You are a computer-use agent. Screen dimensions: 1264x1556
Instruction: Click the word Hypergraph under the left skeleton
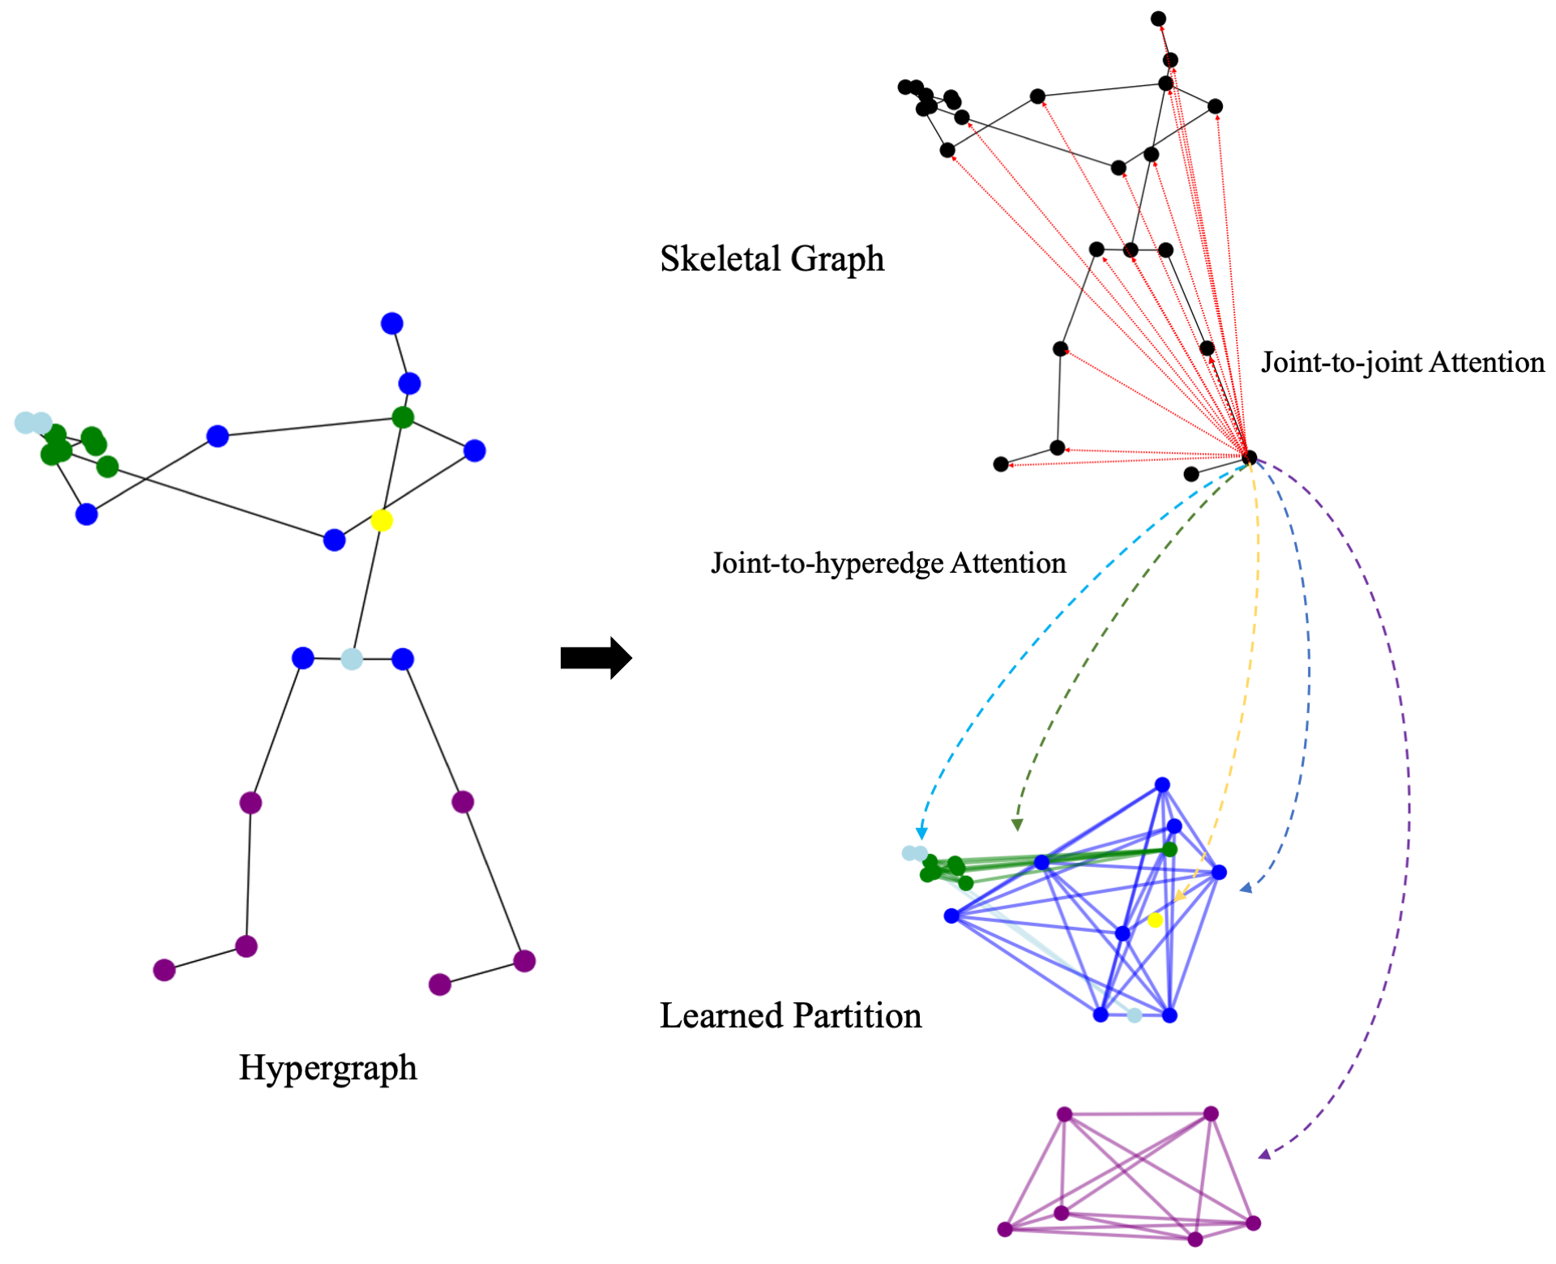(x=327, y=1068)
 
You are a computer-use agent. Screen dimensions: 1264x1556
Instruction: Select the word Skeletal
(x=720, y=259)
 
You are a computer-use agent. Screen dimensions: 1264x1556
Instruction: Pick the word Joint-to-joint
(x=1341, y=362)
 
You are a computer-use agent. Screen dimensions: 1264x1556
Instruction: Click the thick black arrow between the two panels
(x=596, y=658)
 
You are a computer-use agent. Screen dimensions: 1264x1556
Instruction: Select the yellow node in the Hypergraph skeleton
(x=382, y=520)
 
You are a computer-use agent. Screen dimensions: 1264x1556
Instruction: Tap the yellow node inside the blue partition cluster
(x=1156, y=920)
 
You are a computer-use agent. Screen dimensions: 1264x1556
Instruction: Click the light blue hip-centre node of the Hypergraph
(x=352, y=659)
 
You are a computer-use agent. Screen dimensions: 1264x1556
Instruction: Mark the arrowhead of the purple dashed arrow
(x=1263, y=1155)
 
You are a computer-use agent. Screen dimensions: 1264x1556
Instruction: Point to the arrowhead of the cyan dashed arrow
(x=921, y=834)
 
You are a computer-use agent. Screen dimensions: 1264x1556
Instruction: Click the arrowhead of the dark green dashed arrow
(x=1017, y=826)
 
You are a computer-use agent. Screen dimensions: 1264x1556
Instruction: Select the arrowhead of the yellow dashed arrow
(x=1180, y=895)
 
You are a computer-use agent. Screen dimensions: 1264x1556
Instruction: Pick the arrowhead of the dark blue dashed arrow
(x=1246, y=889)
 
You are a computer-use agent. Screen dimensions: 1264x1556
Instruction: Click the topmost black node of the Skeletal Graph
(x=1159, y=19)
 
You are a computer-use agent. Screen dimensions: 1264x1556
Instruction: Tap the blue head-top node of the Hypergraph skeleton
(x=392, y=323)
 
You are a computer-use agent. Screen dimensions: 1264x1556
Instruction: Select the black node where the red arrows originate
(x=1249, y=458)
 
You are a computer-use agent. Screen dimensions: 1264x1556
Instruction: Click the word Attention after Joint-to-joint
(x=1487, y=362)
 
